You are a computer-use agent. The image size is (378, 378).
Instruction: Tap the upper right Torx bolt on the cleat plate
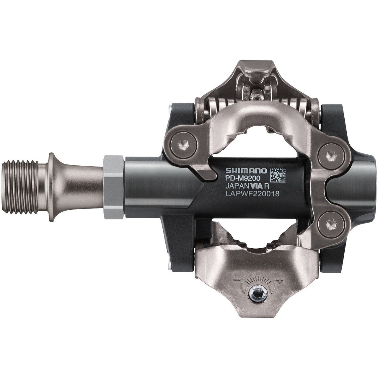[x=330, y=154]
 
